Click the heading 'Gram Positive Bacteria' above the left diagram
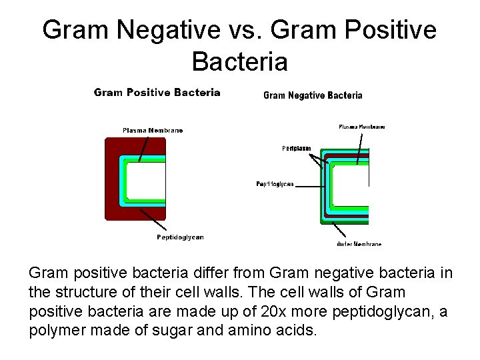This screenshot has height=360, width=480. click(x=157, y=93)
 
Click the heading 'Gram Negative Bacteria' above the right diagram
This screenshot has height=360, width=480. click(x=313, y=95)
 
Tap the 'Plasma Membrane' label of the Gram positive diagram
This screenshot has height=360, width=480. click(x=153, y=130)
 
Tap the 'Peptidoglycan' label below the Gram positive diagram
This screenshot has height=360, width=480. click(x=180, y=237)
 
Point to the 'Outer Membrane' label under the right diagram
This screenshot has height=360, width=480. click(x=359, y=244)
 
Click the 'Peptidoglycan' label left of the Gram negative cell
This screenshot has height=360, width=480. click(x=275, y=184)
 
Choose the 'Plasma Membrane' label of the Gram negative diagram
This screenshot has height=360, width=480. click(x=361, y=127)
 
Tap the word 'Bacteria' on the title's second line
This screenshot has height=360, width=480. click(x=239, y=62)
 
